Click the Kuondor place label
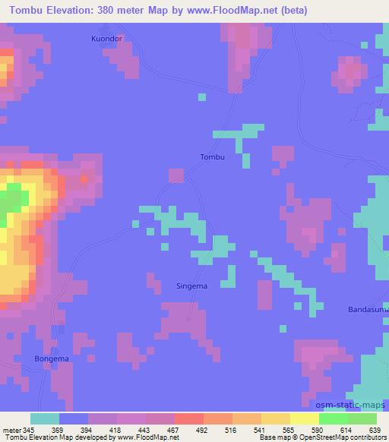[106, 37]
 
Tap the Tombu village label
[212, 157]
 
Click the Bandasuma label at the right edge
[368, 310]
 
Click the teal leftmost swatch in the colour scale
[44, 418]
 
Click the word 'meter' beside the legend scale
[11, 429]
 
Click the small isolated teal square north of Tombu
[201, 96]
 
